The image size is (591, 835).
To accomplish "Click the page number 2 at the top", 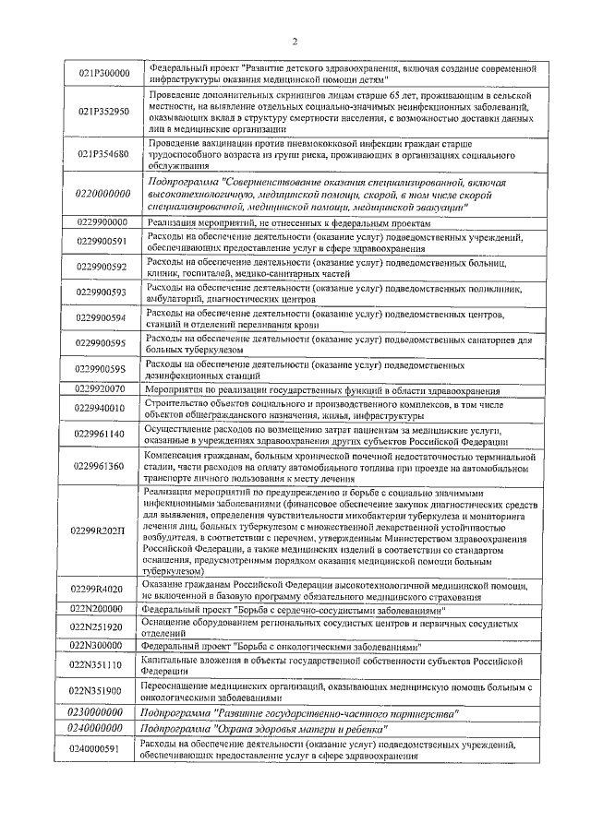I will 294,42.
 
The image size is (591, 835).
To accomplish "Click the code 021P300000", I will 103,73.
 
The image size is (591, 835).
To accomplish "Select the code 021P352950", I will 103,112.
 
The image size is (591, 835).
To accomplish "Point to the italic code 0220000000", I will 103,196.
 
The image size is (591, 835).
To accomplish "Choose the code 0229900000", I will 103,224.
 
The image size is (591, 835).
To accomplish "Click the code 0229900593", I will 103,293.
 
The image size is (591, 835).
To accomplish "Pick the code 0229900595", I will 103,343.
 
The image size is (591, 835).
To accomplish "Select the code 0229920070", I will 103,390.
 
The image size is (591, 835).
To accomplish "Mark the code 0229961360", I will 103,467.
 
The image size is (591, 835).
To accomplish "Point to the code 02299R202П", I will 103,532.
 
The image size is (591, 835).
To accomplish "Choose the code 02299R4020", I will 103,590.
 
